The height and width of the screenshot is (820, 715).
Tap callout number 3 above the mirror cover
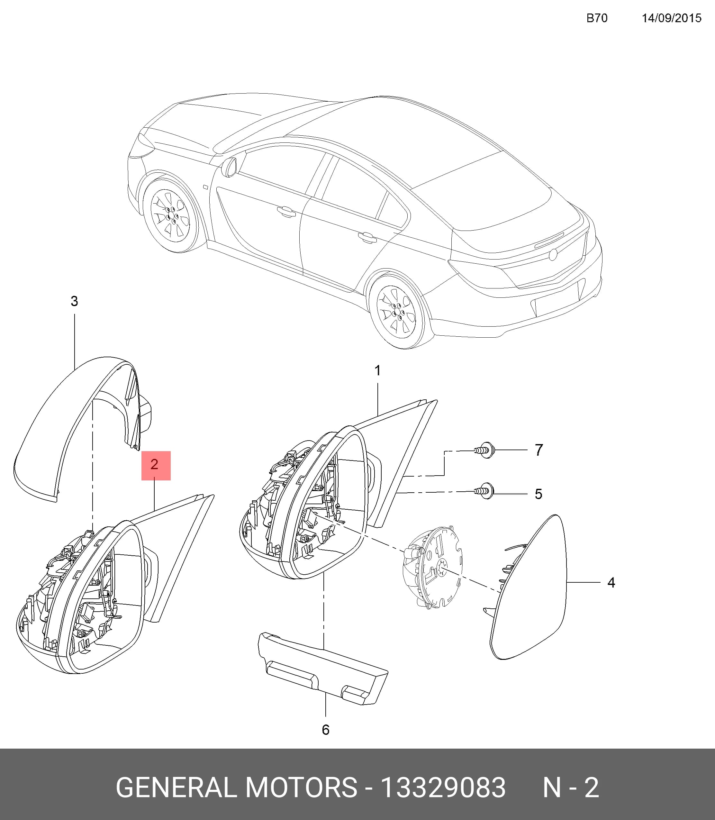[x=74, y=301]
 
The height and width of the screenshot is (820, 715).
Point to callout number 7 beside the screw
[x=539, y=450]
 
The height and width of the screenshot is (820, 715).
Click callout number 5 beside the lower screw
[x=538, y=494]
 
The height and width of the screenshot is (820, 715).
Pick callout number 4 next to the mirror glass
[x=611, y=583]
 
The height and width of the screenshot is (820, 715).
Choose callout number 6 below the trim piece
[x=326, y=730]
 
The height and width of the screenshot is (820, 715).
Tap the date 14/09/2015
[x=672, y=18]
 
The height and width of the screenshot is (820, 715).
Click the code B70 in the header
[x=597, y=18]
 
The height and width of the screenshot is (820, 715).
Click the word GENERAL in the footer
[x=176, y=788]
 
